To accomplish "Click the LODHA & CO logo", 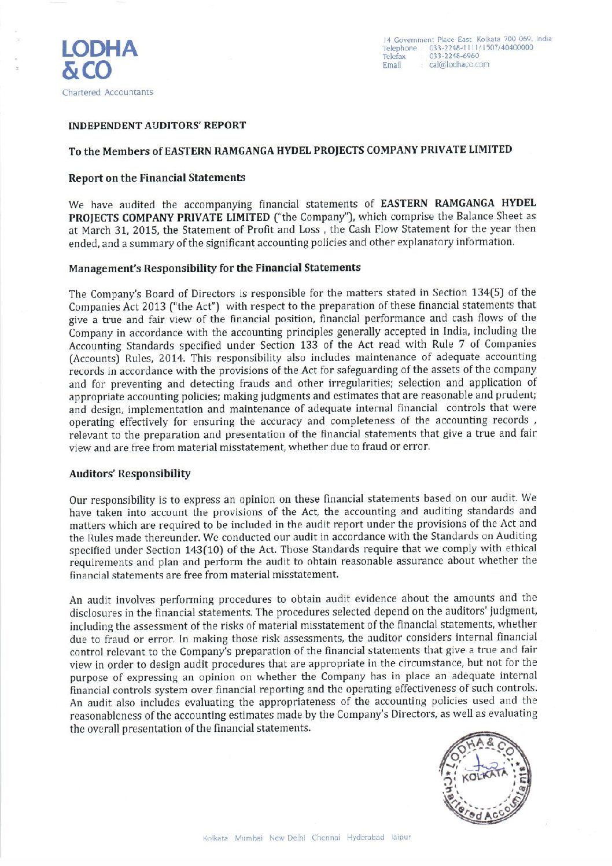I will (100, 60).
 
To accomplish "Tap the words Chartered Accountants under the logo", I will (108, 93).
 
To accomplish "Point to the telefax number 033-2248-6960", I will (454, 56).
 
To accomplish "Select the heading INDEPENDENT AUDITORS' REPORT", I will (157, 126).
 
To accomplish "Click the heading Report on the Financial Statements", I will (157, 178).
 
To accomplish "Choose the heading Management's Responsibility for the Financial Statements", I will (215, 268).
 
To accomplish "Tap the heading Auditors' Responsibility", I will (130, 474).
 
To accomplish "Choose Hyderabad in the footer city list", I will (366, 838).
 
